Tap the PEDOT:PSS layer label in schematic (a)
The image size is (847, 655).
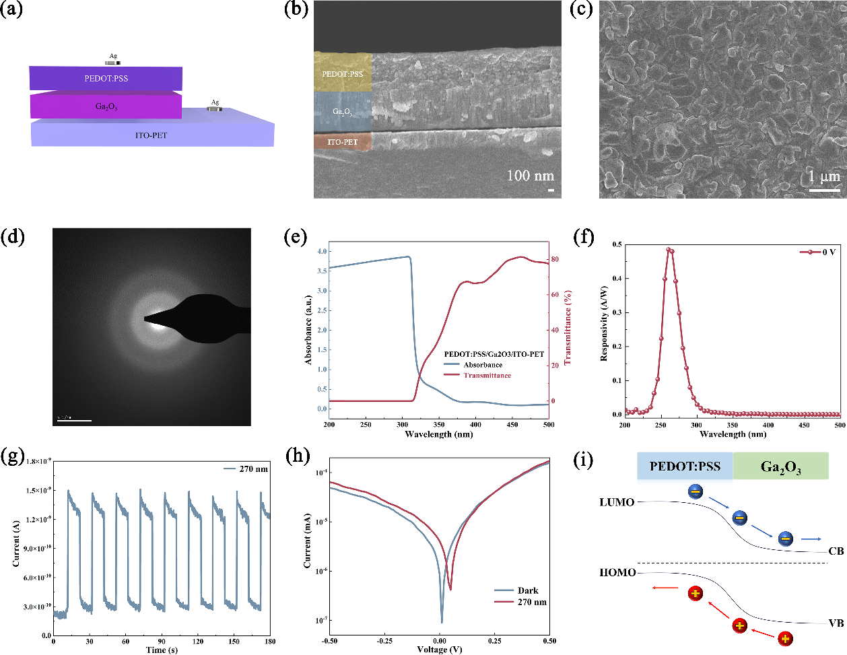(106, 79)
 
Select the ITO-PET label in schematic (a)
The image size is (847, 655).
(151, 135)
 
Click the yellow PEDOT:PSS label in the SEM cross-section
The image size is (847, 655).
(342, 73)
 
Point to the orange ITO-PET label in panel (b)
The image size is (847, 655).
(342, 142)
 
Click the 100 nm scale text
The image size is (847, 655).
(530, 176)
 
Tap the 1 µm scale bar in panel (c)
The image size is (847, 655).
(824, 191)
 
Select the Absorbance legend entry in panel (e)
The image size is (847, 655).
(483, 365)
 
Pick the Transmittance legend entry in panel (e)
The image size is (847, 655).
(487, 376)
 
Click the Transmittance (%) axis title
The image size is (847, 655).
(568, 328)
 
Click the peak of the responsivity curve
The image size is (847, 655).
(669, 249)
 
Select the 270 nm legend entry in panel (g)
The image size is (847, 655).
(253, 469)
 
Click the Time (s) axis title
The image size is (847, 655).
(162, 650)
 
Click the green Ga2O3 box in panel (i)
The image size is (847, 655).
(780, 467)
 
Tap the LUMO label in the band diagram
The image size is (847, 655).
(617, 502)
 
